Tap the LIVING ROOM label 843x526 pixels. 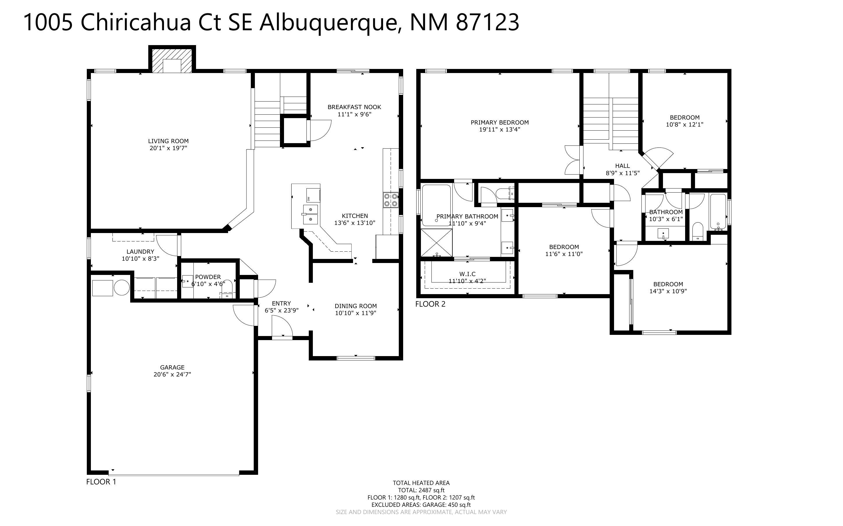tap(168, 141)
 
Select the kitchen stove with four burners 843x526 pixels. tap(391, 200)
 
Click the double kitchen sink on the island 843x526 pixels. tap(310, 215)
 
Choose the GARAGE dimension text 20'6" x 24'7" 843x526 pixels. tap(172, 374)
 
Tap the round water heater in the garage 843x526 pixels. tap(121, 288)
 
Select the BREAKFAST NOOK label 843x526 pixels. tap(354, 107)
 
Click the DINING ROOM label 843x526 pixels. tap(355, 306)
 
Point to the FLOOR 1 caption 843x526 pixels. tap(101, 482)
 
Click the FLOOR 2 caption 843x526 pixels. tap(430, 304)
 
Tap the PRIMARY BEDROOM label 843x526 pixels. tap(500, 122)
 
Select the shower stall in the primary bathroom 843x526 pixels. tap(437, 243)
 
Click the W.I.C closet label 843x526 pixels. tap(467, 274)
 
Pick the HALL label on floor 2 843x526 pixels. tap(622, 166)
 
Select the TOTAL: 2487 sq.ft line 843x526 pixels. tap(421, 491)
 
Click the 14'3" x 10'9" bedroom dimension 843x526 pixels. tap(668, 291)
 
